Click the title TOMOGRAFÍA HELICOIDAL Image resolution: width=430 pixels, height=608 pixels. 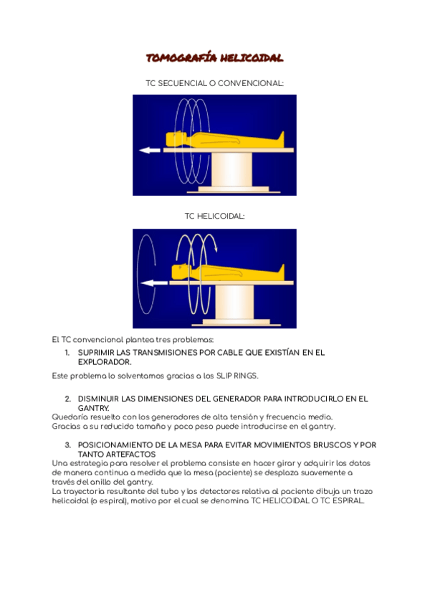[214, 58]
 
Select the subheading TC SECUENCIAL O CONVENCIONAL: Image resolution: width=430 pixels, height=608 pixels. [214, 84]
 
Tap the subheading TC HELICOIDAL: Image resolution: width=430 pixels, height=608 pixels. [214, 216]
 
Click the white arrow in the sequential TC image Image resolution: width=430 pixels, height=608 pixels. [150, 151]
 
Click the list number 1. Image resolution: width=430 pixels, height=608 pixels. [67, 353]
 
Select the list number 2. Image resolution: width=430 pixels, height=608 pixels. [67, 399]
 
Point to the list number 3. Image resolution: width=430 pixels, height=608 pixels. [67, 445]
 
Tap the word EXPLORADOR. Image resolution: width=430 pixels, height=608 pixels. [104, 362]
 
